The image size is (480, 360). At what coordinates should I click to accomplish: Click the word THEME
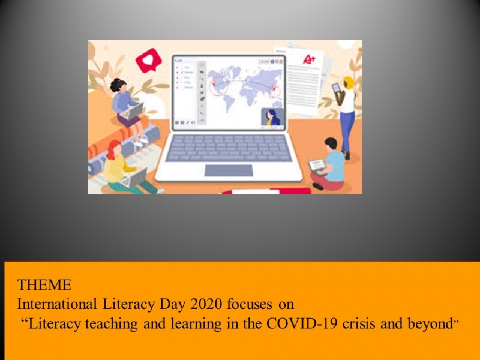(x=44, y=285)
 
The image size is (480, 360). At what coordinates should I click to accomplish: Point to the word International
(x=57, y=304)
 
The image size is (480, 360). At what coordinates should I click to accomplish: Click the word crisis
(x=359, y=323)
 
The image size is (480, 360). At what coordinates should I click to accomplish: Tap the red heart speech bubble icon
(x=148, y=60)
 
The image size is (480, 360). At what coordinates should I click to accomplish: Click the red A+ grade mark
(x=309, y=59)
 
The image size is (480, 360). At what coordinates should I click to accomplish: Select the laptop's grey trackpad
(x=229, y=170)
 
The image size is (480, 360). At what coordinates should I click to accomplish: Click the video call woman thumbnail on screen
(x=272, y=117)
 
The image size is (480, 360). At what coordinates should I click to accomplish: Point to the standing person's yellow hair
(x=349, y=83)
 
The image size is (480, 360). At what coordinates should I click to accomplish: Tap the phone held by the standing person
(x=336, y=88)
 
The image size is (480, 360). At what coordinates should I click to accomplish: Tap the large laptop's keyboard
(x=229, y=148)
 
